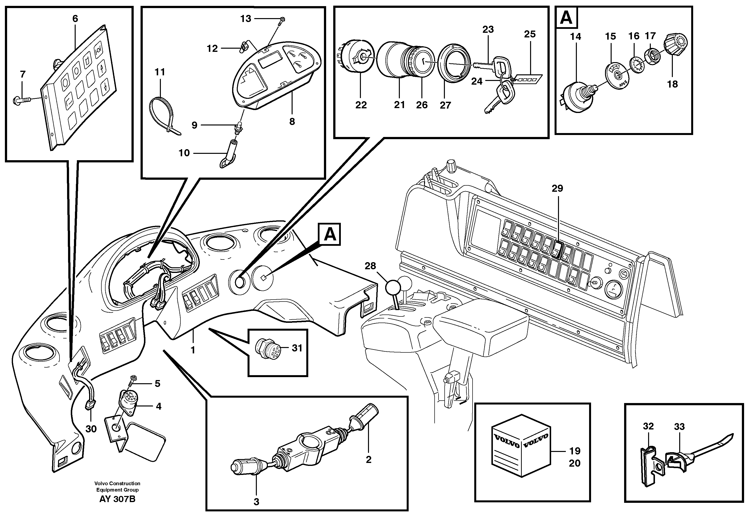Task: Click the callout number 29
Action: tap(557, 188)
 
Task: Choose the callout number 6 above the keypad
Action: tap(75, 19)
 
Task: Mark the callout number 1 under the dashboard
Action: tap(193, 350)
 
